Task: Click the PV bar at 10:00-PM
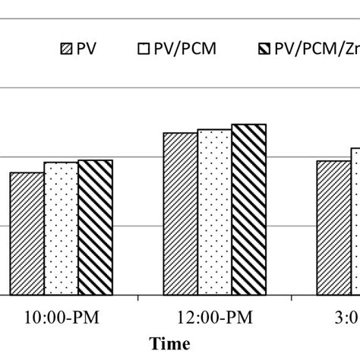coord(27,233)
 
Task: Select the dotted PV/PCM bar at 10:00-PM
coord(61,228)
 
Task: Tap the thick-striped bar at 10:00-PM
coord(95,227)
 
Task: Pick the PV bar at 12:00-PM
coord(180,213)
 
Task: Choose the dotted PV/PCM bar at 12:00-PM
coord(214,212)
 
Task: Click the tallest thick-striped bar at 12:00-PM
coord(249,209)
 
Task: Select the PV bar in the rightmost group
coord(333,227)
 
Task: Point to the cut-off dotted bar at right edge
coord(355,221)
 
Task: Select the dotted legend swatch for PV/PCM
coord(143,50)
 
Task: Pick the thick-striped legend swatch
coord(265,50)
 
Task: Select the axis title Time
coord(170,343)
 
